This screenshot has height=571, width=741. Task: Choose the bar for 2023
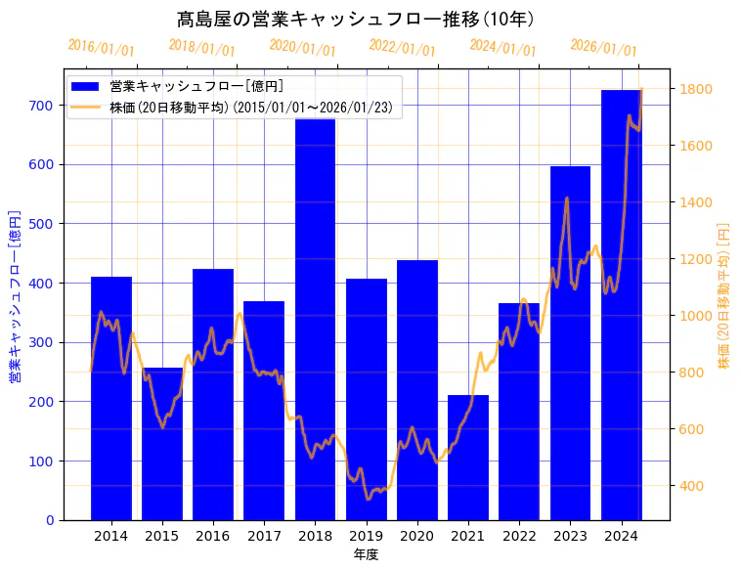tap(570, 342)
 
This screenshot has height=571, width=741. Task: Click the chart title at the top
tap(355, 19)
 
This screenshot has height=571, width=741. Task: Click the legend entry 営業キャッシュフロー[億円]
tap(196, 86)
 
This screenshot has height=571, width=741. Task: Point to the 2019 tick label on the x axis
tap(366, 536)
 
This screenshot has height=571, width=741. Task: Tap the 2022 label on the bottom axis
tap(519, 536)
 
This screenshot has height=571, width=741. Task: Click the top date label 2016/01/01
tap(101, 48)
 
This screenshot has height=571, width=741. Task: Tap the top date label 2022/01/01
tap(402, 48)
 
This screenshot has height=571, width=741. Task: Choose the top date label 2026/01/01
tap(603, 48)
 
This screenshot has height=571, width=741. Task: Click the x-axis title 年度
tap(366, 554)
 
